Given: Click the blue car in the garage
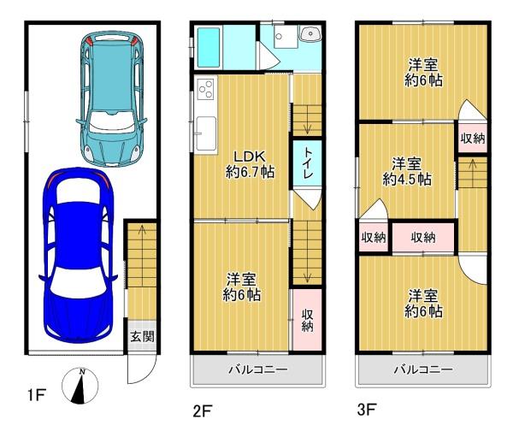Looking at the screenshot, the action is coord(78,256).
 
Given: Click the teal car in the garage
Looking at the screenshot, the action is coord(111,99).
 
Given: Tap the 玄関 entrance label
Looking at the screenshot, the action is coord(142,336).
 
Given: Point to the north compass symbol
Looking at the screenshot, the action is coord(80,386).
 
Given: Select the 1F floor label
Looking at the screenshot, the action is coord(36,395).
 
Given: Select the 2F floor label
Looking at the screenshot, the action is coord(203,411).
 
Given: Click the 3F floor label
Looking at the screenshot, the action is coord(367,409).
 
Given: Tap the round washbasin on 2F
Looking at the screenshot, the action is coord(310,34).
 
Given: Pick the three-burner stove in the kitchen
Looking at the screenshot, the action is coord(206,89).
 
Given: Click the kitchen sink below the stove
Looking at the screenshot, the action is coord(205,133).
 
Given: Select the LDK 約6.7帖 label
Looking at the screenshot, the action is coord(251,164).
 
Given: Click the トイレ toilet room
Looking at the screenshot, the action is coord(307,164).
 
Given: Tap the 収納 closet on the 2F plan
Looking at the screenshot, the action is coord(307,320).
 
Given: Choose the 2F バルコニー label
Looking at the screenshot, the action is coord(258,370).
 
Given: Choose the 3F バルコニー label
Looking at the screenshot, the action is coord(423,370).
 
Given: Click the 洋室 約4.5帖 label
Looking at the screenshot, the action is coord(407,172).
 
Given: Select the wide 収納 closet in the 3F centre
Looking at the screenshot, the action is coord(423,238).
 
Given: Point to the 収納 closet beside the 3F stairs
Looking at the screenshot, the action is coord(473,139).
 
